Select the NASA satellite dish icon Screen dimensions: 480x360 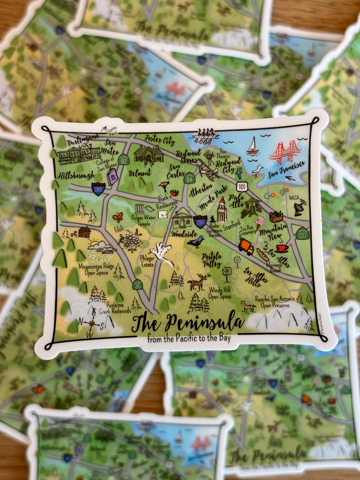click(x=299, y=207)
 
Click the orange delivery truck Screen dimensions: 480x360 click(x=246, y=246)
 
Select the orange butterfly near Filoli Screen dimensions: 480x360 click(x=117, y=217)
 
